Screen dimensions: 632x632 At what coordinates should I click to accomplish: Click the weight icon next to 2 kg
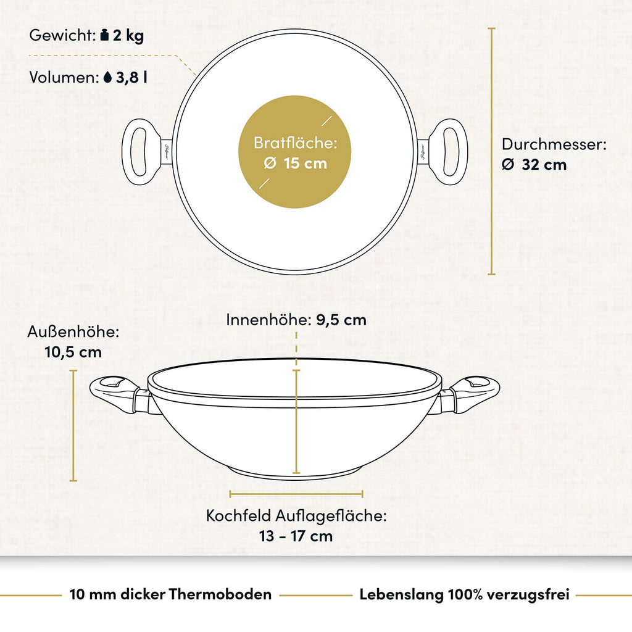click(x=104, y=35)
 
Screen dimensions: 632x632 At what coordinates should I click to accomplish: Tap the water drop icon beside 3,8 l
click(x=107, y=77)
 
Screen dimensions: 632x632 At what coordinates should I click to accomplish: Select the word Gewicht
click(x=62, y=35)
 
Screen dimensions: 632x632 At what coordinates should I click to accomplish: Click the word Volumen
click(x=64, y=77)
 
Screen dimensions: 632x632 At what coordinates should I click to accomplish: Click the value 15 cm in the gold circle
click(x=305, y=163)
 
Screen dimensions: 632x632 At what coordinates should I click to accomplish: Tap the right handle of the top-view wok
click(x=443, y=152)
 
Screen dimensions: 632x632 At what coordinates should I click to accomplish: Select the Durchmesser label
click(x=554, y=144)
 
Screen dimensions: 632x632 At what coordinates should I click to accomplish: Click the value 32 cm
click(x=544, y=164)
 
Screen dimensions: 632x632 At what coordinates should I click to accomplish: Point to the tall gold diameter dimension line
click(x=491, y=151)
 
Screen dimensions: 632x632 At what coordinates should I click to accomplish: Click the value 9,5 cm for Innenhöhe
click(x=341, y=320)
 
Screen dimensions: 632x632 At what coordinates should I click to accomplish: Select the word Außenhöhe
click(x=73, y=331)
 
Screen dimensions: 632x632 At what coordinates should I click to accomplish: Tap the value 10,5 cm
click(x=73, y=352)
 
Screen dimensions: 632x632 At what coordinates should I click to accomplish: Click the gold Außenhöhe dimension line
click(x=73, y=425)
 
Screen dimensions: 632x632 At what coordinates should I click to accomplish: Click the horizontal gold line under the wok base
click(x=296, y=494)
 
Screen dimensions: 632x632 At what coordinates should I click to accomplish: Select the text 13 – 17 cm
click(x=296, y=536)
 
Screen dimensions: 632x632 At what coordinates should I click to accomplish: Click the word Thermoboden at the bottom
click(x=220, y=594)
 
